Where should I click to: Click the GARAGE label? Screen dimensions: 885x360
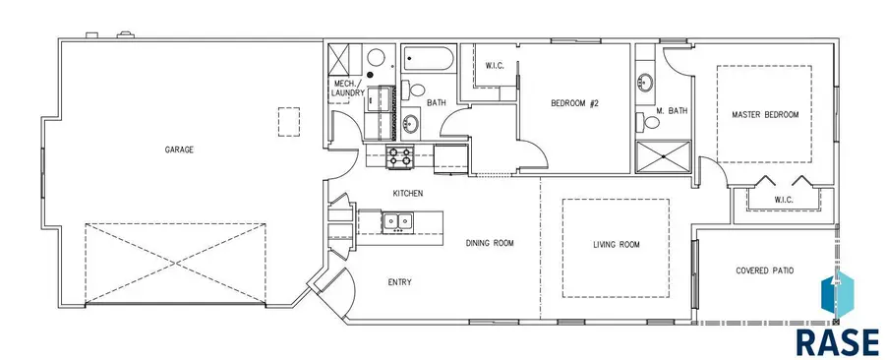[x=179, y=150]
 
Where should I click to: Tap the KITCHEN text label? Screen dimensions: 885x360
[x=407, y=193]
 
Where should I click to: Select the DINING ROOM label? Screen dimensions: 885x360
[x=490, y=243]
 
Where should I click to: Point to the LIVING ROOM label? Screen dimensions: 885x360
[x=617, y=244]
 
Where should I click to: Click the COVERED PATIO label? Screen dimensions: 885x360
[x=765, y=270]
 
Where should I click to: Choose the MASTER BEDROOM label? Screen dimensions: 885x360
[x=765, y=114]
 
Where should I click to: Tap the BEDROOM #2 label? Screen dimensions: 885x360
[x=574, y=103]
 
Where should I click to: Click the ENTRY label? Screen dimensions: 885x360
[x=399, y=282]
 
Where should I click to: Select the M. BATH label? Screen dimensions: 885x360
[x=672, y=111]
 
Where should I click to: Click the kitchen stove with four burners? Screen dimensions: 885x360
[x=400, y=156]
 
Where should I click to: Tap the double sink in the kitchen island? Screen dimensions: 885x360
[x=398, y=222]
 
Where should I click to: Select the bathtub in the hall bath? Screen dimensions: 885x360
[x=428, y=59]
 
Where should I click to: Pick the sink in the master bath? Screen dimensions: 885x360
[x=644, y=83]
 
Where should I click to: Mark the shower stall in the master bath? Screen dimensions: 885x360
[x=663, y=156]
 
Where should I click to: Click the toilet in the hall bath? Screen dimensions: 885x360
[x=414, y=90]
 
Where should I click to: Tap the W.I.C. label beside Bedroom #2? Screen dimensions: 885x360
[x=495, y=66]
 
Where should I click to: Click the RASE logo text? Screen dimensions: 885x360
[x=838, y=341]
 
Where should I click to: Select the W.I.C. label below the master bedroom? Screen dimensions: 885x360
[x=784, y=200]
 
